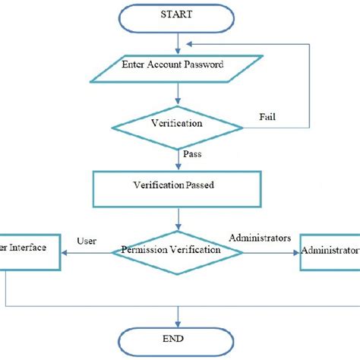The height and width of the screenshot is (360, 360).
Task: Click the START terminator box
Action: [x=178, y=14]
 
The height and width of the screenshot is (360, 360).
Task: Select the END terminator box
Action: [x=178, y=338]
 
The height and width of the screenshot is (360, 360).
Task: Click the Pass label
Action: [x=193, y=154]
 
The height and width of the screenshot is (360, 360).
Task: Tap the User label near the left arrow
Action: [x=86, y=241]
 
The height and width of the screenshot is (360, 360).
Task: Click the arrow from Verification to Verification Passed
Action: [x=178, y=157]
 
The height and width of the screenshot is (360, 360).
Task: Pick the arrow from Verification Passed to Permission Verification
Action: [x=178, y=218]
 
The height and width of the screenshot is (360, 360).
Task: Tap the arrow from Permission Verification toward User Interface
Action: [x=84, y=251]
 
